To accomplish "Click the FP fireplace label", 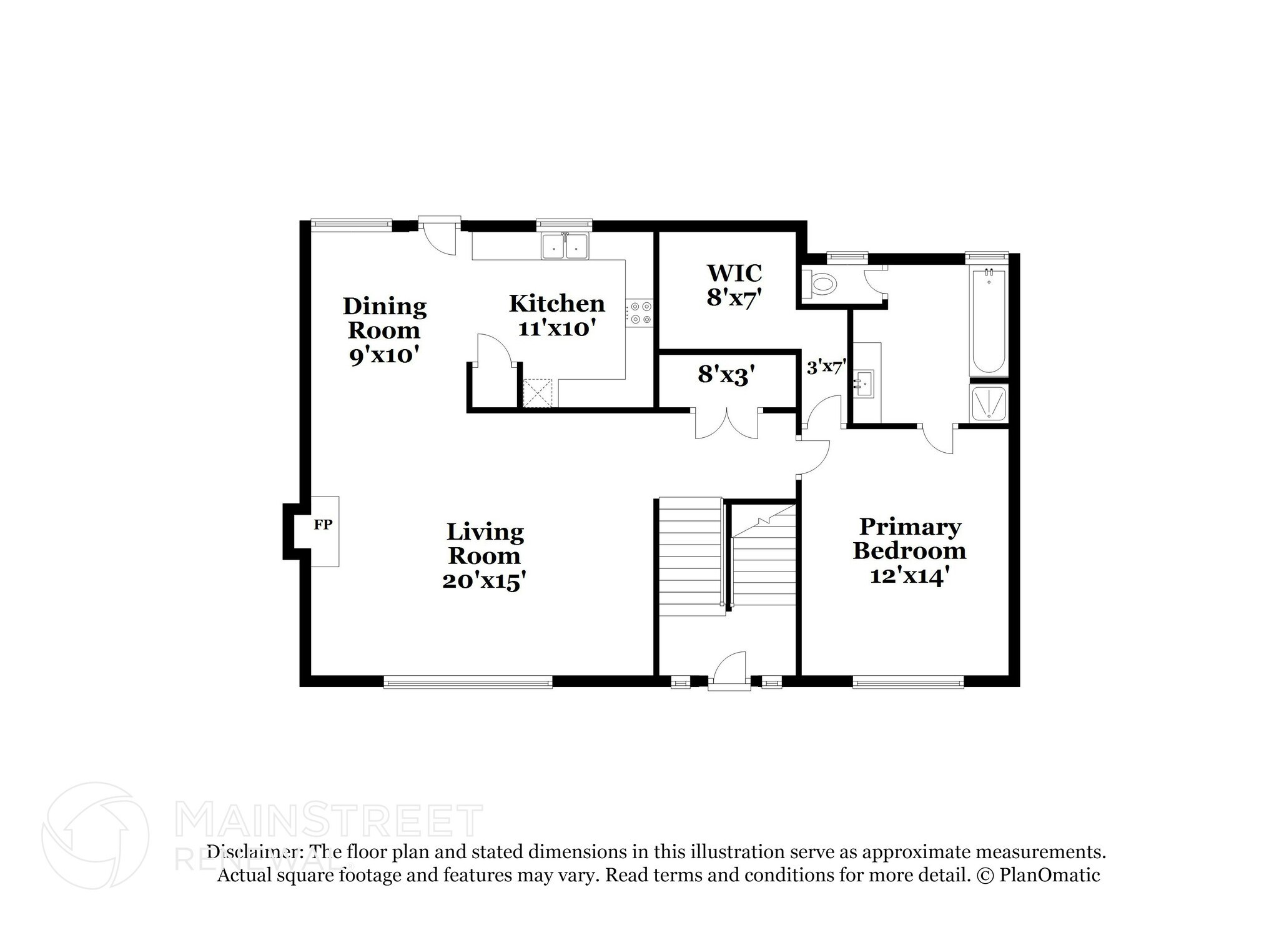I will tap(323, 525).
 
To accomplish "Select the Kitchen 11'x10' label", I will tap(556, 315).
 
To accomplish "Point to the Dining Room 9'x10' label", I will tap(384, 330).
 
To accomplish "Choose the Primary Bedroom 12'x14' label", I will tap(909, 551).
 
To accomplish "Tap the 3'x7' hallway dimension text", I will tap(826, 367).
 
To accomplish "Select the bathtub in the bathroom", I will tap(988, 322).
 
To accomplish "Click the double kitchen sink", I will tap(566, 246).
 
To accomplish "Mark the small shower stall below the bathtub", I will tap(989, 403).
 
